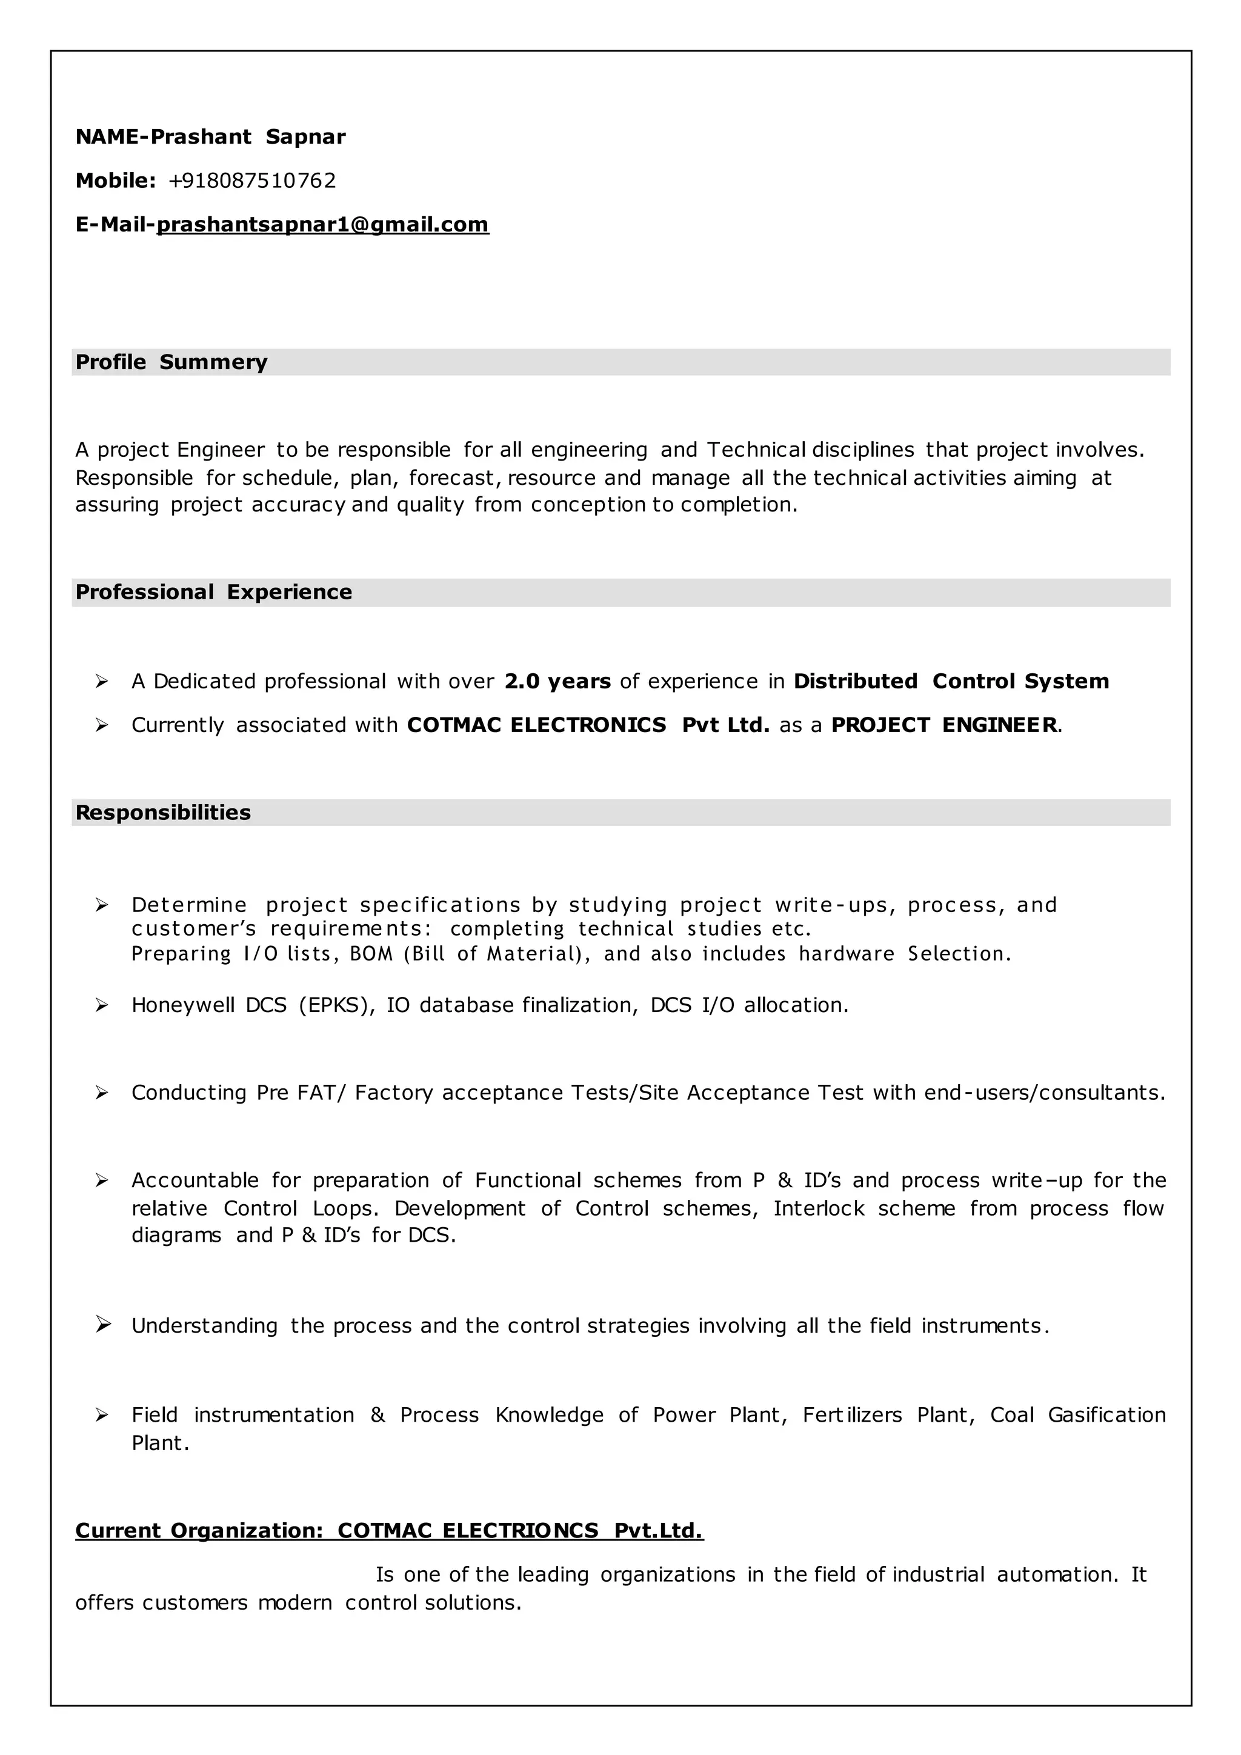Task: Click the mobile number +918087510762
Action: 252,181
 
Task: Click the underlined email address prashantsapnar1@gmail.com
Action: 322,224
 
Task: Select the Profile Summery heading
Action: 171,362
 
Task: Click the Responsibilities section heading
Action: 163,812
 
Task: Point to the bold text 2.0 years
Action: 557,681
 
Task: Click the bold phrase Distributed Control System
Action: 951,681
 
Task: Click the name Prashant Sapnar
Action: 248,137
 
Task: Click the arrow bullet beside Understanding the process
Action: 102,1325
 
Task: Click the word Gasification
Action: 1106,1415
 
